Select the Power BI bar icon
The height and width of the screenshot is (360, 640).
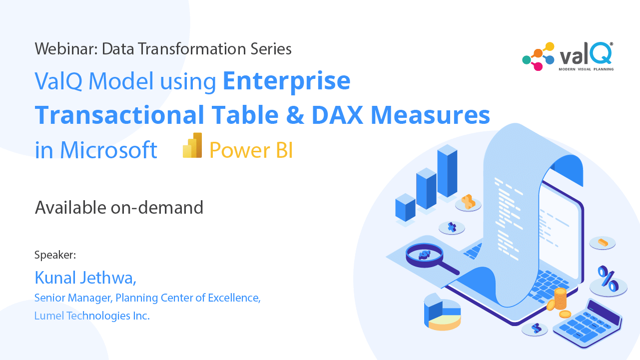point(193,146)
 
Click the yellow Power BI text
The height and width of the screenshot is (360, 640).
point(251,150)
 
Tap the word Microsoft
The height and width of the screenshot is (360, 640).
point(109,150)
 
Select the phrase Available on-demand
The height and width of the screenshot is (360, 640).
point(119,207)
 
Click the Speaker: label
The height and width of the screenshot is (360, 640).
point(55,255)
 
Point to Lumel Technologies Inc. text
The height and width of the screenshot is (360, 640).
point(92,316)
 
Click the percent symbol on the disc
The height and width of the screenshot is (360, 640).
point(608,279)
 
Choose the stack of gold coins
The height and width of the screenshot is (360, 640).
point(560,299)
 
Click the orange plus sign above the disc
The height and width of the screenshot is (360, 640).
point(468,201)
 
